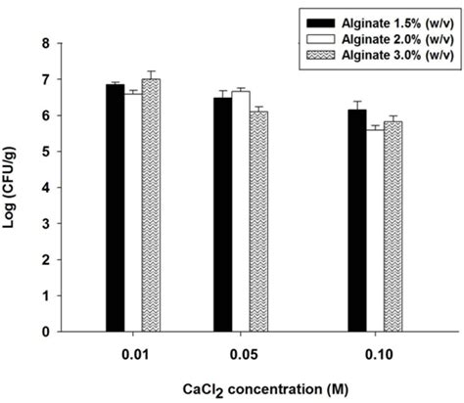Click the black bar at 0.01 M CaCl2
(x=115, y=207)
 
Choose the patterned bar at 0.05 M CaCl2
(x=258, y=221)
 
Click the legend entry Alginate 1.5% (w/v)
(x=373, y=21)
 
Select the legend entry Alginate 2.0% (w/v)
(x=373, y=37)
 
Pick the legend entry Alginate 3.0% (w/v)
(x=373, y=54)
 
